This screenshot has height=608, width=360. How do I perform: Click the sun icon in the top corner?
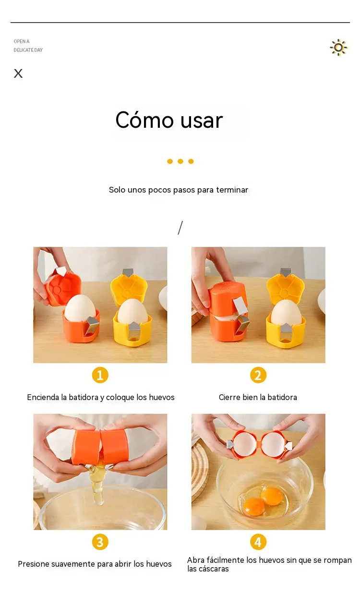pos(338,48)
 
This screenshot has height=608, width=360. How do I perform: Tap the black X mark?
pos(18,73)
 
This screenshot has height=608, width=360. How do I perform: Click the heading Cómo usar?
pos(169,120)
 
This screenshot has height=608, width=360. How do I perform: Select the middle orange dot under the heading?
pos(180,161)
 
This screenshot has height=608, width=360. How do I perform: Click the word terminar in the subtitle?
pos(232,190)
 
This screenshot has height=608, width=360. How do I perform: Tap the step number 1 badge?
pos(100,375)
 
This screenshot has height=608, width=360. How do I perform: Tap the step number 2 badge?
pos(258,375)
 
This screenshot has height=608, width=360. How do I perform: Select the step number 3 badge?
pos(100,542)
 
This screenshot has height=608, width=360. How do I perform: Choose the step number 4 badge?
pos(258,542)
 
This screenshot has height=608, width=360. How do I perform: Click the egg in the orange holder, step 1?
pos(80,309)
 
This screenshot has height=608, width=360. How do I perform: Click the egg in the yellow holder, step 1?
pos(132,312)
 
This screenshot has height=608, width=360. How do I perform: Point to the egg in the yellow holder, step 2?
pos(286,312)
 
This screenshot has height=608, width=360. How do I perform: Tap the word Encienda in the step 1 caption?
pos(43,397)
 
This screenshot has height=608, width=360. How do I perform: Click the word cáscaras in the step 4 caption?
pos(215,569)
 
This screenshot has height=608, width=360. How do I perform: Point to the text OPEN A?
pos(22,41)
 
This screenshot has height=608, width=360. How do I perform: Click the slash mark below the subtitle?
pos(180,228)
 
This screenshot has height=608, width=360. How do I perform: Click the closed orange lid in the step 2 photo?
pos(228,298)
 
